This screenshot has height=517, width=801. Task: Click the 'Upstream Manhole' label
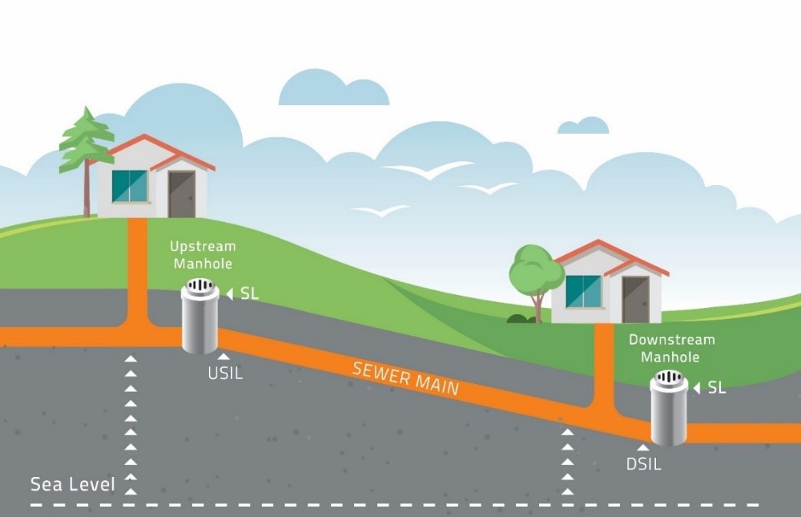(x=203, y=255)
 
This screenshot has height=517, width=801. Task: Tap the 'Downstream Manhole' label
(x=671, y=348)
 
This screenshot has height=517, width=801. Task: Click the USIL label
(x=225, y=374)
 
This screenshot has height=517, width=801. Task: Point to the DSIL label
(x=644, y=464)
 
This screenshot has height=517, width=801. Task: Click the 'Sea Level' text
(x=72, y=485)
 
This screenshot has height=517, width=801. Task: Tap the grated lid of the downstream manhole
(x=668, y=379)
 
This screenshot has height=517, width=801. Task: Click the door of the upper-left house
(x=182, y=194)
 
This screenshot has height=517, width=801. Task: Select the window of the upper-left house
(x=129, y=186)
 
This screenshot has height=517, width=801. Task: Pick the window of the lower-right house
(x=584, y=291)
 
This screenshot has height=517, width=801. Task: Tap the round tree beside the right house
(x=536, y=273)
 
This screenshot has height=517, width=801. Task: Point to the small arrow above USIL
(x=223, y=356)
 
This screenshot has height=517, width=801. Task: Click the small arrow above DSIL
(x=643, y=446)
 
